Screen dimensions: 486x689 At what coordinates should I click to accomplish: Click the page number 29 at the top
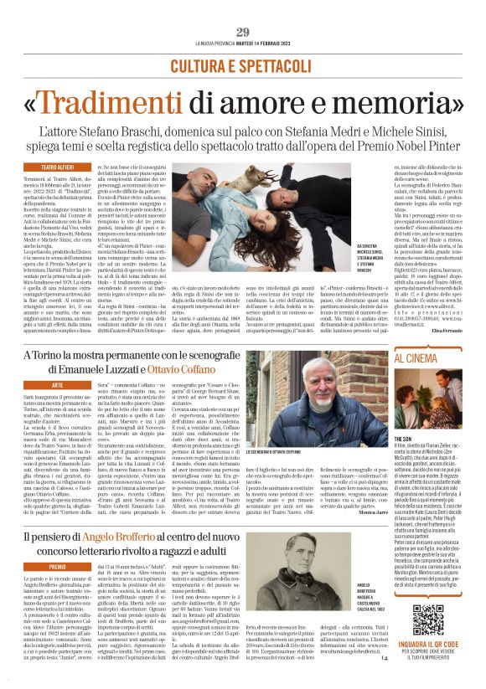242,31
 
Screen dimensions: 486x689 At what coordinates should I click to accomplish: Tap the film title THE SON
403,438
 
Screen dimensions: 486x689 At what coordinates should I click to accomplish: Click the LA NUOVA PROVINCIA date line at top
243,43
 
